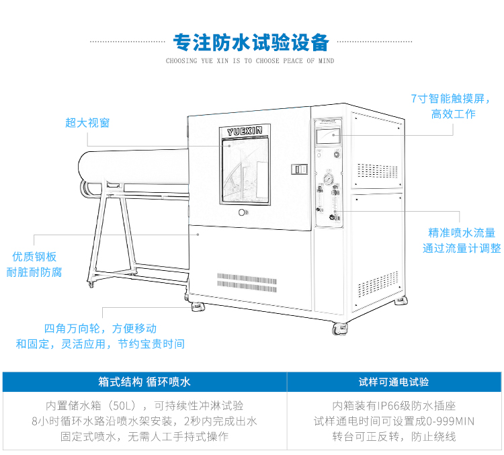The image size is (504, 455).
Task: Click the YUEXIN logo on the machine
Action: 245,128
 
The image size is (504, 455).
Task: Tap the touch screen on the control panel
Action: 328,135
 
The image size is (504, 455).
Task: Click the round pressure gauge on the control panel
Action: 327,180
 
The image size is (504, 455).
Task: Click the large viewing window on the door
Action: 245,168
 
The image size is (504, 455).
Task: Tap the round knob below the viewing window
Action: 243,212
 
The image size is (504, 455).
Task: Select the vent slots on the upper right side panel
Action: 378,171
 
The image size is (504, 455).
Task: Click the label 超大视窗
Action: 87,122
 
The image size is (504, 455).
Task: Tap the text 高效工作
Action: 453,114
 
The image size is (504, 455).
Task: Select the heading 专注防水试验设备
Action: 251,43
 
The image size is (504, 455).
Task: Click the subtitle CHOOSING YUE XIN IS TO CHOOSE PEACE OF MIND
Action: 250,61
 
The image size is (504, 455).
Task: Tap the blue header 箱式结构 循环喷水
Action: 144,382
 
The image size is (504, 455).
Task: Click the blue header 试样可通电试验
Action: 394,382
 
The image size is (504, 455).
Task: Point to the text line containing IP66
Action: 394,406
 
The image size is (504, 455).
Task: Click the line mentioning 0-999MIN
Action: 394,421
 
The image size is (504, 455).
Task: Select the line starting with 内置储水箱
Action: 144,406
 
